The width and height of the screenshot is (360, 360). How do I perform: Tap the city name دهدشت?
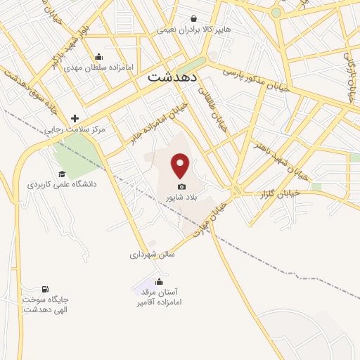coord(174,79)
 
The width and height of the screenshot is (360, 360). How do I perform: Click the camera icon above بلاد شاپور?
coord(182,186)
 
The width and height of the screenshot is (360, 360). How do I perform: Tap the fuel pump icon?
coord(46,289)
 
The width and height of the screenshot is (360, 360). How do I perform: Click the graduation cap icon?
coord(62,174)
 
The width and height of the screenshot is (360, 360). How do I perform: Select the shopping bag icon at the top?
coord(193,19)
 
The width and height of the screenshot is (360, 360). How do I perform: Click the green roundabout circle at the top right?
coord(276,13)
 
